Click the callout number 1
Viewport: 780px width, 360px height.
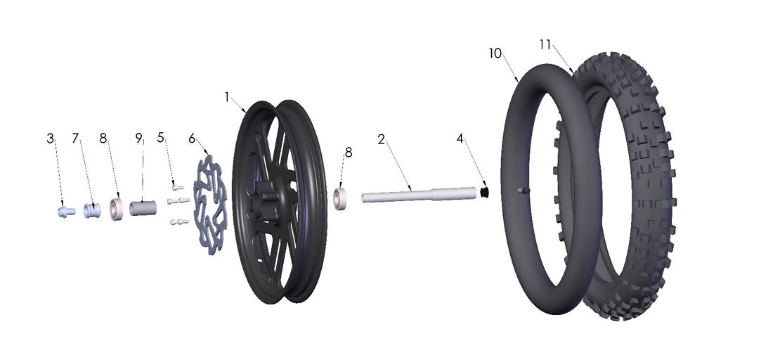point(227,97)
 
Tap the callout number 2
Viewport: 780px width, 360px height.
point(381,139)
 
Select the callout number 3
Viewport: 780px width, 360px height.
point(51,139)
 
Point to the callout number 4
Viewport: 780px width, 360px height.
point(460,139)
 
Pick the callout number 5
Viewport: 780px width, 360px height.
point(161,139)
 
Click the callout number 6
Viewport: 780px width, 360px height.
point(191,139)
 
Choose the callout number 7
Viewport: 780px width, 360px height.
point(75,139)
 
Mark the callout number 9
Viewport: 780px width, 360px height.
point(138,139)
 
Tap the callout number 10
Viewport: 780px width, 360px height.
point(496,54)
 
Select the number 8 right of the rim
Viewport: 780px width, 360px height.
point(349,152)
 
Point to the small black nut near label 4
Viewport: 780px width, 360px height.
point(484,191)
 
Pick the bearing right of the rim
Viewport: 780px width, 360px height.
point(343,199)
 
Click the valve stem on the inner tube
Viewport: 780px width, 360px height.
point(521,190)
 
